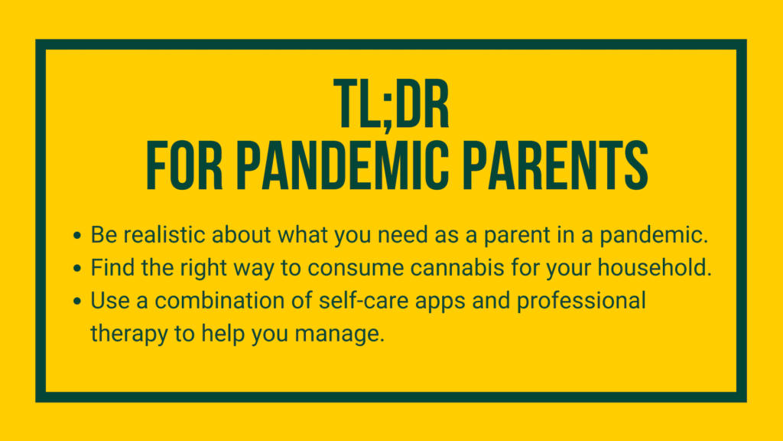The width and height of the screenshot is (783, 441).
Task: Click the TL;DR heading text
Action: coord(391,104)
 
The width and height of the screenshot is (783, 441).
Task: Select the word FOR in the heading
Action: coord(184,165)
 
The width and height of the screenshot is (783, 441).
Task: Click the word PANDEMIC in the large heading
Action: coord(343,165)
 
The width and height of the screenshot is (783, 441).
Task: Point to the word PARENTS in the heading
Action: coord(555,165)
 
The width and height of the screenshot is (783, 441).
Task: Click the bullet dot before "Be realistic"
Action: coord(77,236)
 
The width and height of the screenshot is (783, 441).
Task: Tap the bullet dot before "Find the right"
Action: coord(77,269)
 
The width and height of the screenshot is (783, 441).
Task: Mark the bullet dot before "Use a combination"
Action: coord(77,301)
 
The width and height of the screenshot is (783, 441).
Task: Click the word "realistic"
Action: coord(164,234)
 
